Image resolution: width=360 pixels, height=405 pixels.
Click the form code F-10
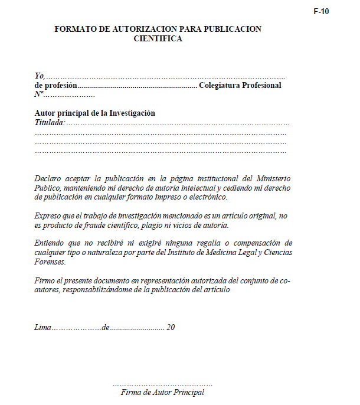tap(321, 12)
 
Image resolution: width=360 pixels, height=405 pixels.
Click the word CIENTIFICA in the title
tap(158, 39)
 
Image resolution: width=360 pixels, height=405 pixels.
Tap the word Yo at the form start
tap(40, 76)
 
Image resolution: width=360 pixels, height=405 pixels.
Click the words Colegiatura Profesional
tap(240, 85)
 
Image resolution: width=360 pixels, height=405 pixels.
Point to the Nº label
tap(39, 94)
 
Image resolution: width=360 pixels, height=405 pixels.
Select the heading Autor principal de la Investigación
tap(95, 113)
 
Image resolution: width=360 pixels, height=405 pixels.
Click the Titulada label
tap(50, 123)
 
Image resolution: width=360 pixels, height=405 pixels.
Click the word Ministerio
tap(273, 178)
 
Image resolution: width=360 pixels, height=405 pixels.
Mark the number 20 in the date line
tap(171, 327)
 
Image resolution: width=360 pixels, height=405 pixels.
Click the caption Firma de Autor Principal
tap(162, 392)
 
